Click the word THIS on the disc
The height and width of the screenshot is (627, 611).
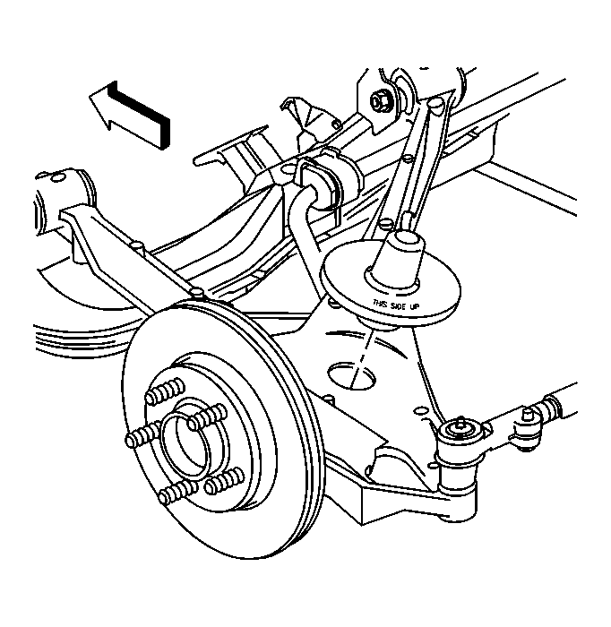[x=381, y=303]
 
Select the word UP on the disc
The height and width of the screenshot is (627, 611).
[x=414, y=306]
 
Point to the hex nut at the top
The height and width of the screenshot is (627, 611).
[x=378, y=101]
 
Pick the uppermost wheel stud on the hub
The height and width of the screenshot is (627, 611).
[x=165, y=391]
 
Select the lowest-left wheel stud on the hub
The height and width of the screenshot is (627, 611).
[x=177, y=491]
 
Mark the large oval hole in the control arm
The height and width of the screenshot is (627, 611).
[x=351, y=375]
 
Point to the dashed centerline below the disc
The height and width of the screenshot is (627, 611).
[x=362, y=356]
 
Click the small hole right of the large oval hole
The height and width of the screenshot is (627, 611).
[x=420, y=410]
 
